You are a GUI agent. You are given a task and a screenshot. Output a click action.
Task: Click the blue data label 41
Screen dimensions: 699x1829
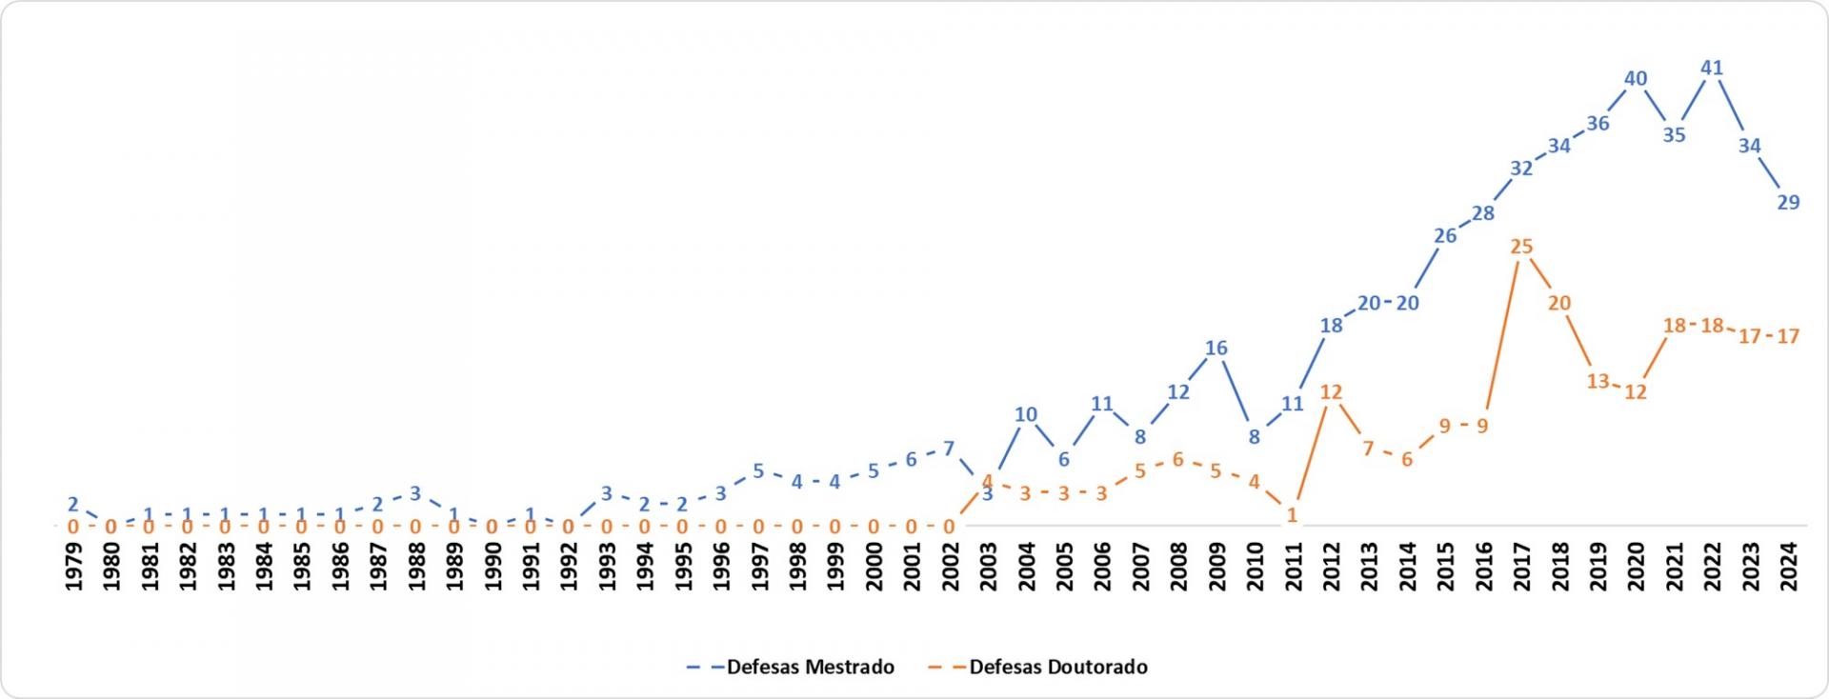tap(1712, 68)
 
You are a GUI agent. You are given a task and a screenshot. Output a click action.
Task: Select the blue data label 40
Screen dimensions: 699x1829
tap(1636, 79)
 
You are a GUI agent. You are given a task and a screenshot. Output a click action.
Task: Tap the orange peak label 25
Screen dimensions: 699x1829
tap(1521, 247)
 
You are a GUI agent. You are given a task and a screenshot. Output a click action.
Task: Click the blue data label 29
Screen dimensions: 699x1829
tap(1788, 202)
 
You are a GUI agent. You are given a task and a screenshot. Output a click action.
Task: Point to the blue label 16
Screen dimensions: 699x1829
tap(1216, 348)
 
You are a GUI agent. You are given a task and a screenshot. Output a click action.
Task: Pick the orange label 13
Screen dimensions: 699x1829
tap(1598, 381)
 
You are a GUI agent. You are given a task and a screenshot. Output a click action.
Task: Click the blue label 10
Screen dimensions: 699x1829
tap(1025, 414)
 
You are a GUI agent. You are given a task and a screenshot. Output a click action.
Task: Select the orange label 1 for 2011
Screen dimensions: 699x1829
tap(1293, 515)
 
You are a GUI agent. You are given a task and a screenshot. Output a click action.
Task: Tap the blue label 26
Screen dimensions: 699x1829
tap(1445, 235)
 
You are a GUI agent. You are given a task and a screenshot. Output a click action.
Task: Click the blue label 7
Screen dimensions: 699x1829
tap(949, 449)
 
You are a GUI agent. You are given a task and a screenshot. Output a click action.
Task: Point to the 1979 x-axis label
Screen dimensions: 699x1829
tap(73, 567)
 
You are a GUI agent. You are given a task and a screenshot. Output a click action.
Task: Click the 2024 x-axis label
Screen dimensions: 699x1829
tap(1788, 567)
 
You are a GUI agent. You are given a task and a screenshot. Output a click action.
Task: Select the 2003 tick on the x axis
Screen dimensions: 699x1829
tap(988, 567)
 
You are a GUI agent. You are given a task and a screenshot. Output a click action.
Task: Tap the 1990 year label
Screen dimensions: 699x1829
tap(492, 567)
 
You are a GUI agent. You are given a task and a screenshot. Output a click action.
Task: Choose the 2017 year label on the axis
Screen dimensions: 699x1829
tap(1521, 567)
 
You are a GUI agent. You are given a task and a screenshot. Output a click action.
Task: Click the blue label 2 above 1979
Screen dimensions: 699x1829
tap(72, 505)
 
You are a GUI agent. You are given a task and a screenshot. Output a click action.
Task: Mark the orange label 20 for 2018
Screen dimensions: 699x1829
tap(1559, 303)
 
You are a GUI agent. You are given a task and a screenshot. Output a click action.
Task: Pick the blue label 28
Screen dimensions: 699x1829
tap(1483, 213)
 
